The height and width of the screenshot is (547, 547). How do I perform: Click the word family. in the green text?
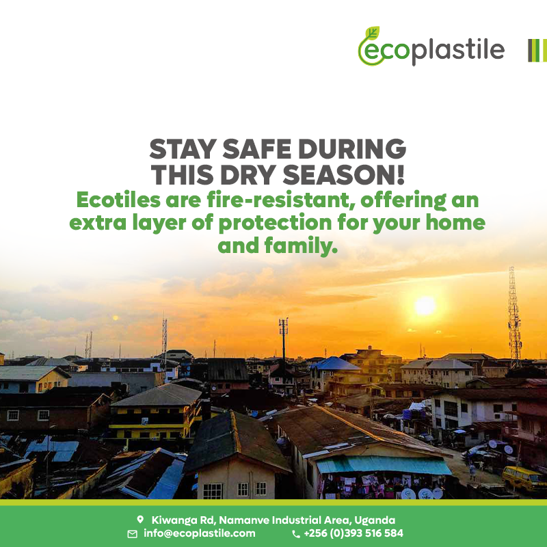(302, 246)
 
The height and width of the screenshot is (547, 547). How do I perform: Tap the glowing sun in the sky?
(425, 305)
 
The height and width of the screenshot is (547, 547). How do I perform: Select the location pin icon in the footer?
(140, 520)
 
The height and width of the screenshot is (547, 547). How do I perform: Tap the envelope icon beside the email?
(133, 534)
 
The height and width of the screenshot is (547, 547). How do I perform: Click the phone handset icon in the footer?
(295, 534)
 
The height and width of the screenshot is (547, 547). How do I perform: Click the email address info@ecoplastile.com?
(199, 533)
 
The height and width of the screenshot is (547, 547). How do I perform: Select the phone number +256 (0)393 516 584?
(353, 533)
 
